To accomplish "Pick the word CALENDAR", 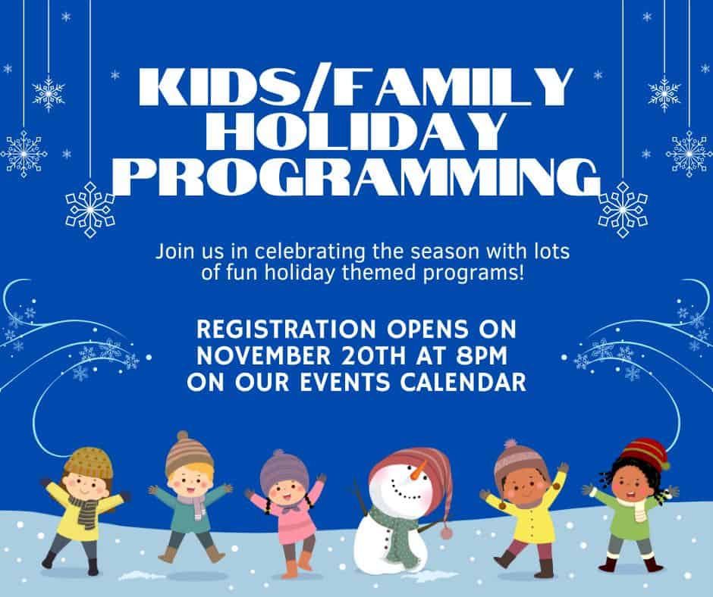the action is coord(463,382).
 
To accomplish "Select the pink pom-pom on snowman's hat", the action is coord(447,532).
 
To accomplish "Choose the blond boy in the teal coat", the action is coord(190,495).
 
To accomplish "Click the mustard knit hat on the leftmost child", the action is coord(89,462).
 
